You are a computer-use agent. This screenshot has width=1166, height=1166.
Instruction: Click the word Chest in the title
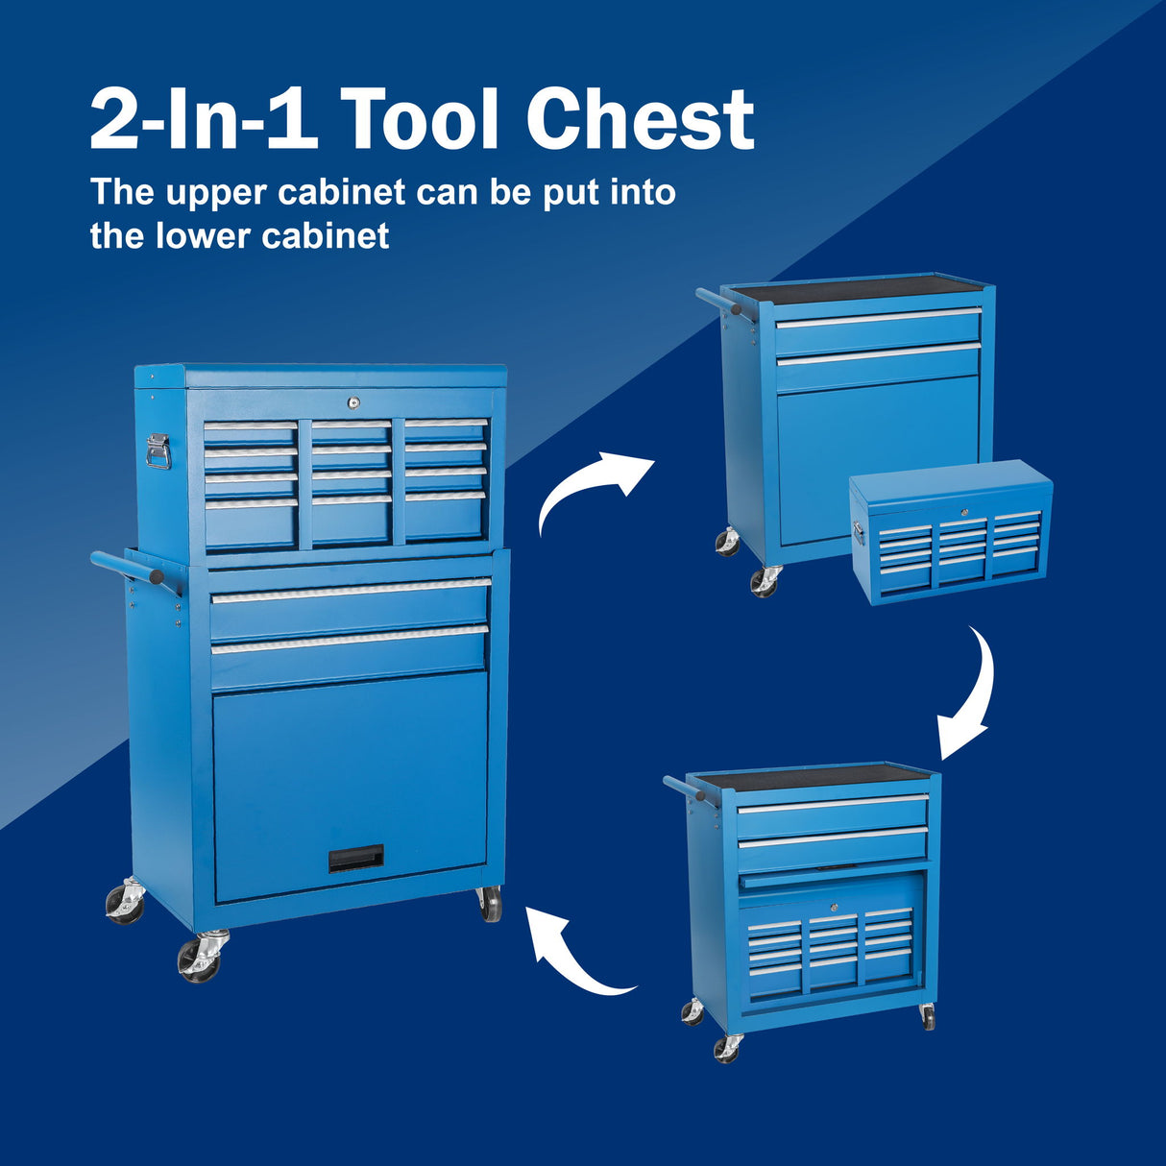(640, 119)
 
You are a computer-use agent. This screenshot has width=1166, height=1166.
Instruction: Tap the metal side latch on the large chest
(158, 450)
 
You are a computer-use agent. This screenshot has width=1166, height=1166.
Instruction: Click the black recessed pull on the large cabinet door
(355, 858)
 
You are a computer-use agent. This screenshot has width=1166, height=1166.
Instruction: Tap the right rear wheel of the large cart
(490, 904)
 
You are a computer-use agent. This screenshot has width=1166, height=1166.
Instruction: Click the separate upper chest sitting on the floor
(951, 533)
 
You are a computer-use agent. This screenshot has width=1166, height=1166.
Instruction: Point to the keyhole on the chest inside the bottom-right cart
(834, 907)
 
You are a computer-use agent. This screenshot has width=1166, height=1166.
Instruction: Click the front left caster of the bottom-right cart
(727, 1047)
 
